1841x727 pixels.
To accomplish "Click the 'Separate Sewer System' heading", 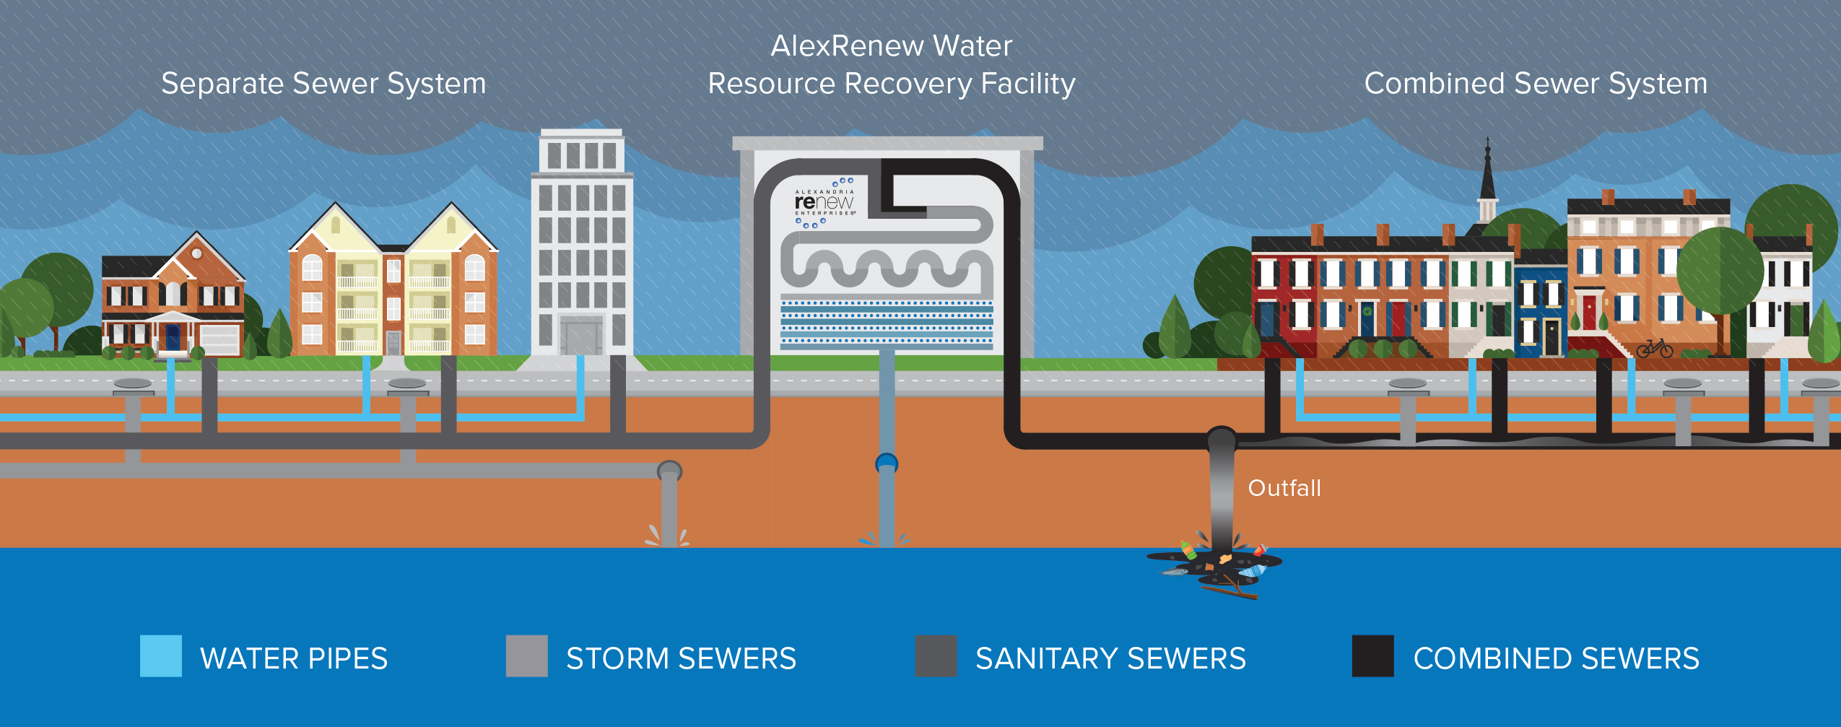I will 323,84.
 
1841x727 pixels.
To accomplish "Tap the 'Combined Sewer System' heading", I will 1536,84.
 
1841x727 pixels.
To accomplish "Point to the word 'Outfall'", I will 1284,488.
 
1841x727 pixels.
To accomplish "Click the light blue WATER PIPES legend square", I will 161,656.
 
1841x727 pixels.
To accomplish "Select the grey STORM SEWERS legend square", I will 526,656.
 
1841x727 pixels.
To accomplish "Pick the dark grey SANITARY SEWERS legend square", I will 936,656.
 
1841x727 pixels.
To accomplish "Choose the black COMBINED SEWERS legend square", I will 1372,656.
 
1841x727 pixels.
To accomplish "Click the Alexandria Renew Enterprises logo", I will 824,203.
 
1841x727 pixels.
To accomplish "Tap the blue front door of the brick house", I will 173,337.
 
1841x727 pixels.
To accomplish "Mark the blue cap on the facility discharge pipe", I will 887,462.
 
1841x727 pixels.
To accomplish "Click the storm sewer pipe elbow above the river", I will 669,472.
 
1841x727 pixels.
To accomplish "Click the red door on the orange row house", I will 1589,313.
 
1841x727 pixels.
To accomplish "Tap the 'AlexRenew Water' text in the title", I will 891,46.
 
